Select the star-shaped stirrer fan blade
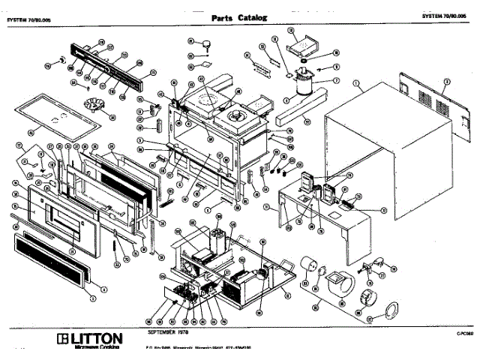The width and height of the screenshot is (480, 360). click(93, 106)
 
